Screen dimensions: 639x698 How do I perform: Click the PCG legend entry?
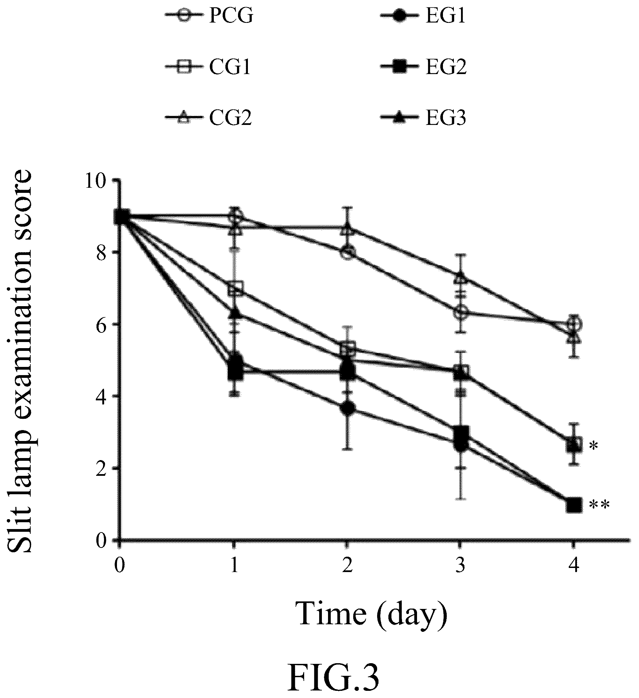pos(209,16)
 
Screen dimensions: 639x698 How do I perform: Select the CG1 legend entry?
pos(208,67)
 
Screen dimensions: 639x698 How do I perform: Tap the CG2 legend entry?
pos(209,118)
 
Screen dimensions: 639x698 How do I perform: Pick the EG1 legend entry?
pos(423,16)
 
